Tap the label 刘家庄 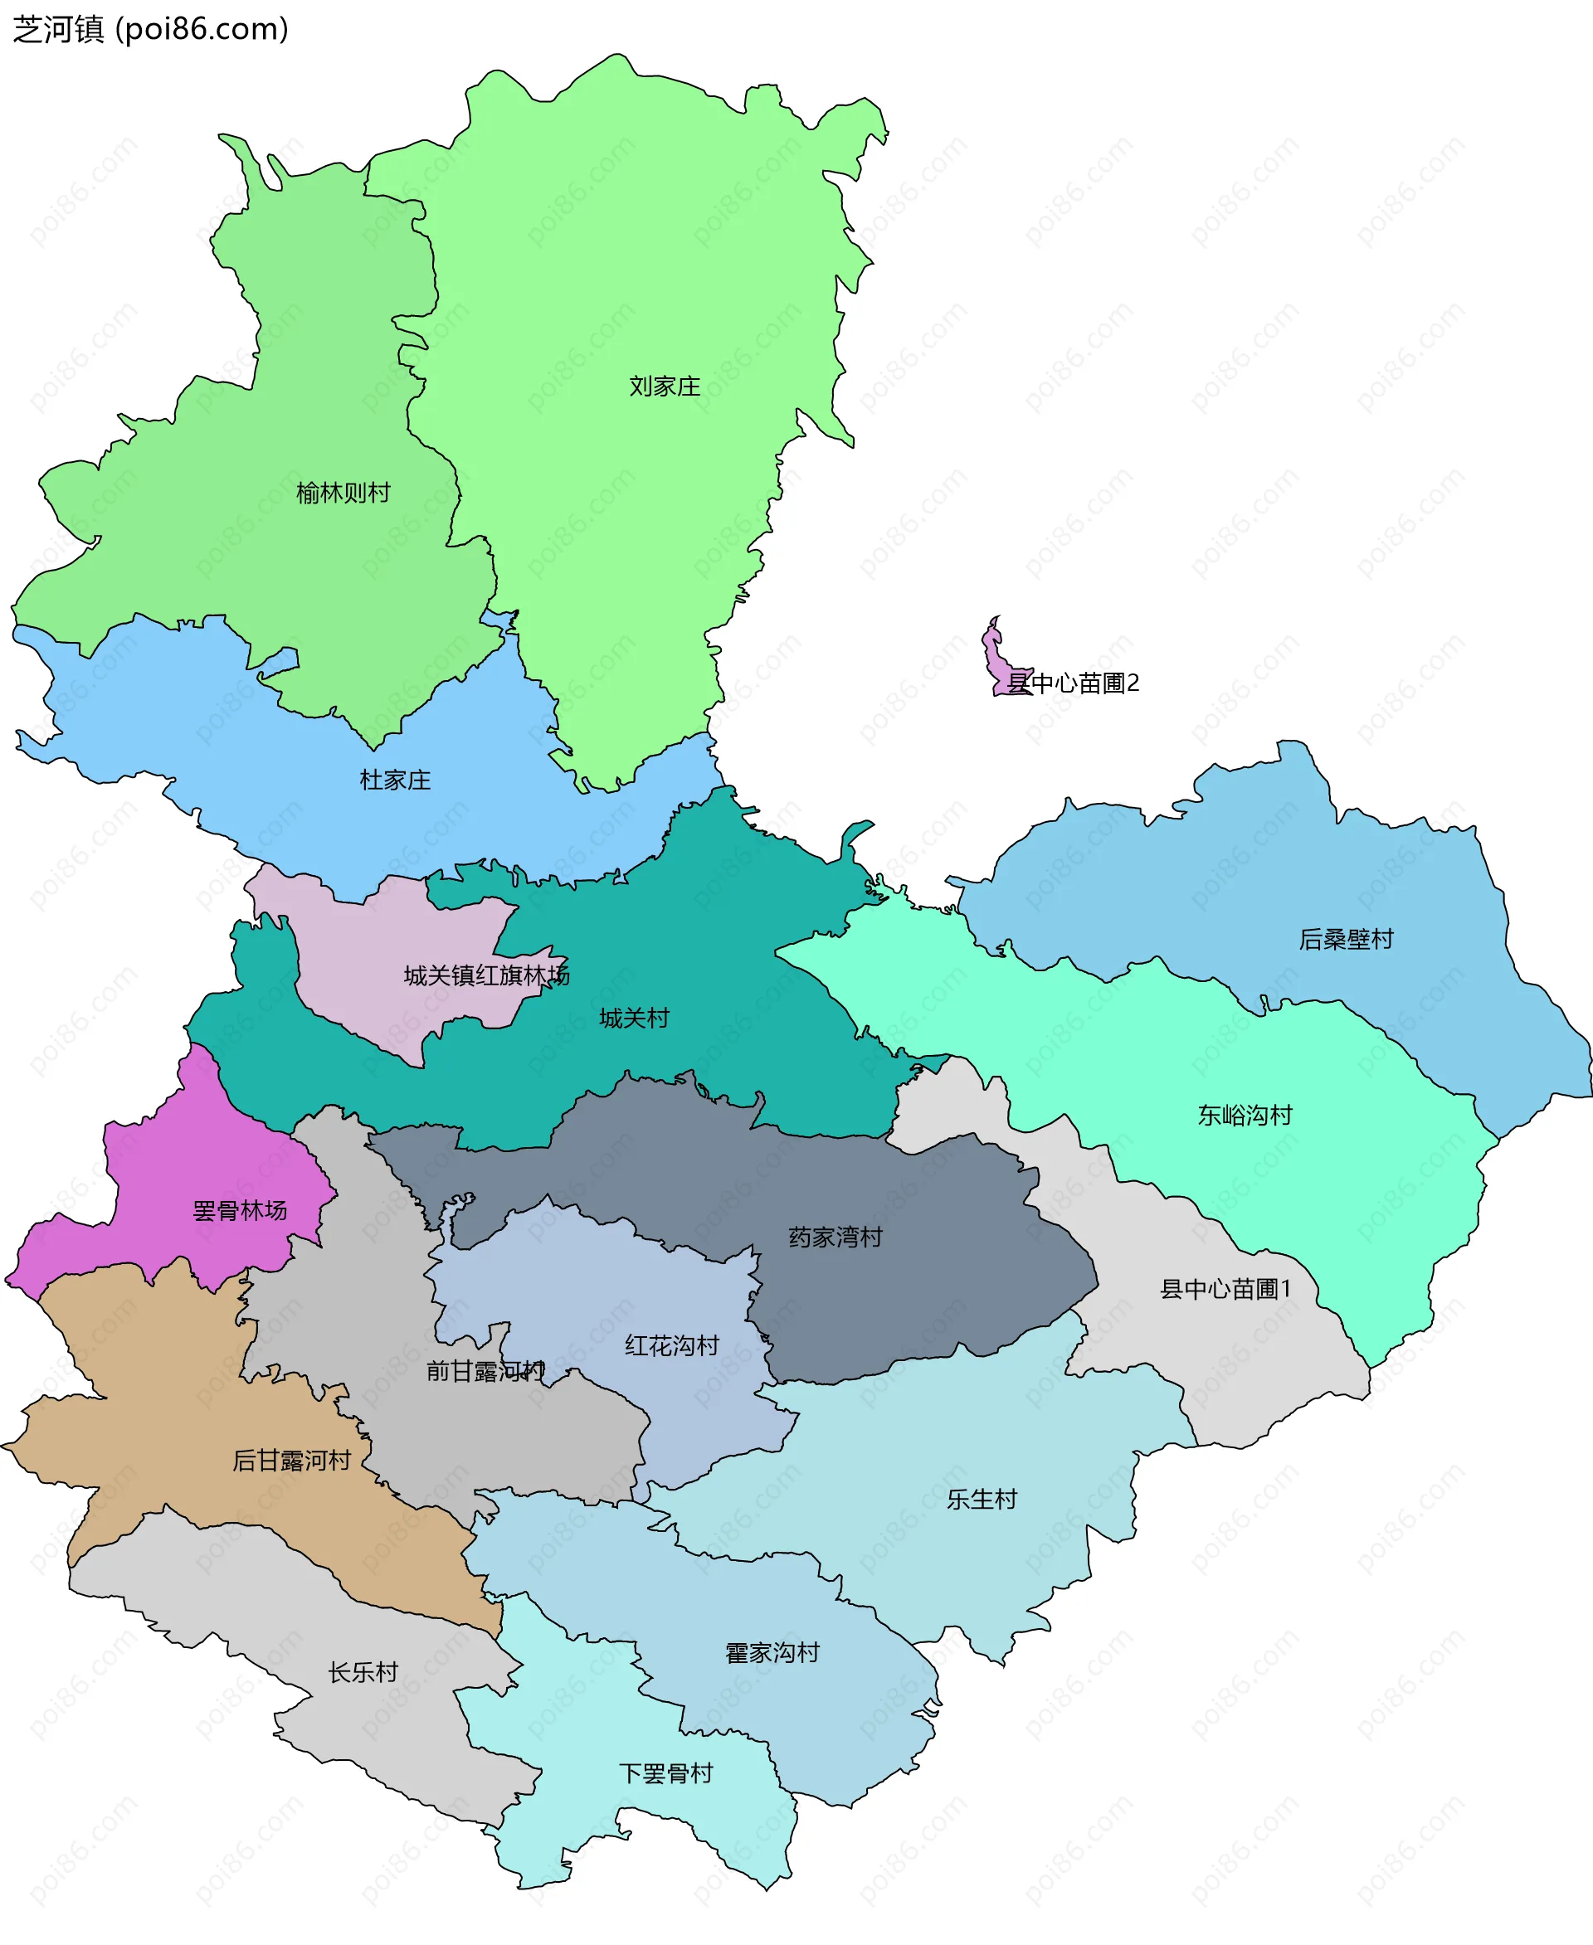point(665,387)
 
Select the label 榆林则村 point(343,494)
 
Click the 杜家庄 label point(395,780)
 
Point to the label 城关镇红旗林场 point(486,975)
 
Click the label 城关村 point(634,1019)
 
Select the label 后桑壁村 point(1345,940)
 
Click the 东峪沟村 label point(1245,1116)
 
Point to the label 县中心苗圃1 point(1226,1289)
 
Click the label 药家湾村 point(835,1238)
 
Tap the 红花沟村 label point(672,1346)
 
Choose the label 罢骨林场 point(240,1211)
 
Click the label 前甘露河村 point(485,1372)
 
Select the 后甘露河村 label point(292,1461)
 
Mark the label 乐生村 point(982,1499)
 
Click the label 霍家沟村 point(772,1653)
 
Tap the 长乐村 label point(363,1672)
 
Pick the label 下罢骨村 point(666,1773)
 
